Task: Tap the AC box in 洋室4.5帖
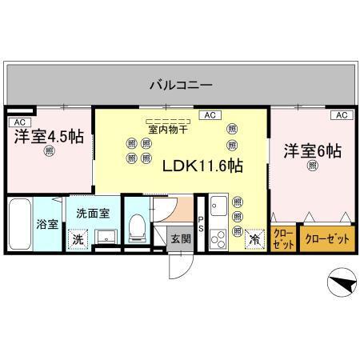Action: click(x=18, y=122)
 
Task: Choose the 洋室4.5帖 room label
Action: click(x=49, y=136)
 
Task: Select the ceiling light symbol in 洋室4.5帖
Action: click(x=50, y=150)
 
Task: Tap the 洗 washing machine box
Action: click(x=78, y=238)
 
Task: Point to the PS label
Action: click(x=201, y=224)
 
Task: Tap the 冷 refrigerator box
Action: click(x=255, y=238)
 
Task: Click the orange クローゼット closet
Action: click(x=326, y=238)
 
